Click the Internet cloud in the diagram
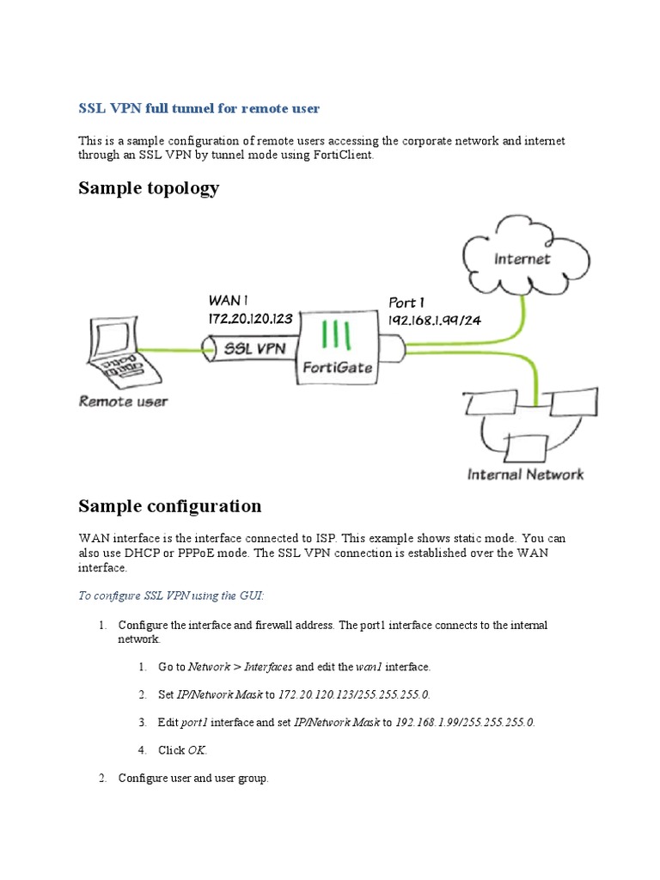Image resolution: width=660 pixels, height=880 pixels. pyautogui.click(x=522, y=259)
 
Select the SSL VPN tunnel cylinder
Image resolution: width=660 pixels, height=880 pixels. pyautogui.click(x=250, y=348)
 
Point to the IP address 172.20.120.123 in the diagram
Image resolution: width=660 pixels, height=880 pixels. pyautogui.click(x=250, y=318)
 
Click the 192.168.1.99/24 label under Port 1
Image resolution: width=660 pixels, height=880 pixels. pyautogui.click(x=433, y=320)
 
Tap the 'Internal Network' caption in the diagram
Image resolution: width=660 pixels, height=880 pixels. pyautogui.click(x=524, y=474)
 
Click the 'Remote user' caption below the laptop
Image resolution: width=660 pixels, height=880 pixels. pyautogui.click(x=123, y=400)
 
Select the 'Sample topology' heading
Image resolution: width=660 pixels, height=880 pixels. pyautogui.click(x=149, y=188)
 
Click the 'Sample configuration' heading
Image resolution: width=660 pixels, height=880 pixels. pyautogui.click(x=169, y=505)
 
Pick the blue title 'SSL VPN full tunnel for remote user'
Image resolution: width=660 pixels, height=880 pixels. pyautogui.click(x=199, y=108)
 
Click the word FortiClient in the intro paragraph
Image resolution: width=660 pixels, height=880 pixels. pyautogui.click(x=340, y=156)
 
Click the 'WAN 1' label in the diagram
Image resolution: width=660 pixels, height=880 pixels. pyautogui.click(x=229, y=301)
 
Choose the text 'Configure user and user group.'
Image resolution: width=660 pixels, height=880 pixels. pyautogui.click(x=193, y=779)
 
